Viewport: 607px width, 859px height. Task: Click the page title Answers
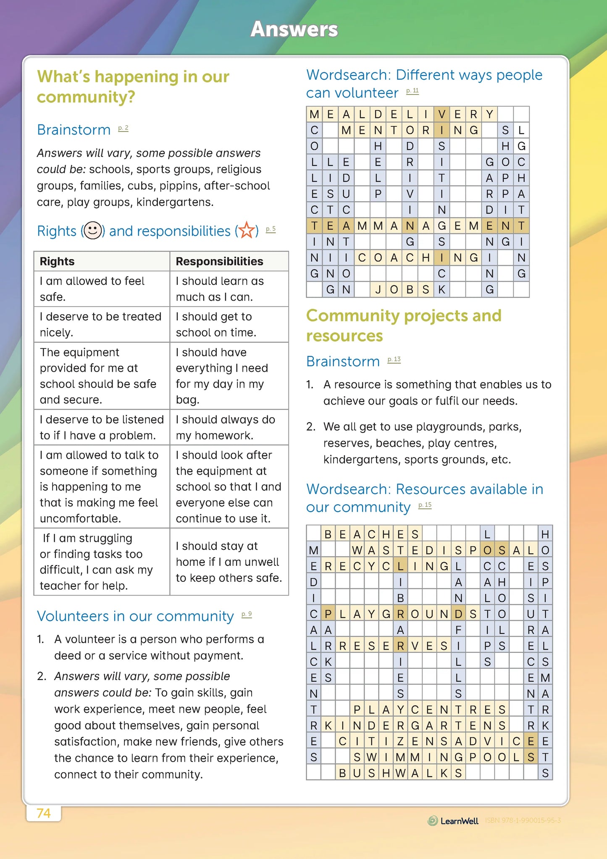[x=294, y=29]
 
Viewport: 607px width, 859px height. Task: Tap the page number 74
[x=44, y=813]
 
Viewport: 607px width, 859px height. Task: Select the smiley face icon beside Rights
[x=92, y=231]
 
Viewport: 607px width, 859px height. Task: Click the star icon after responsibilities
[x=247, y=231]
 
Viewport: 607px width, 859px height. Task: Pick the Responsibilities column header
[x=220, y=261]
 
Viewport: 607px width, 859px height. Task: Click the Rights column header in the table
[x=57, y=261]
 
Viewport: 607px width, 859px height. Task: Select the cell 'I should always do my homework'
[x=226, y=427]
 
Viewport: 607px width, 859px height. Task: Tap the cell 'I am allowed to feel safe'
[x=92, y=289]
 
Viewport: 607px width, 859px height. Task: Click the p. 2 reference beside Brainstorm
[x=123, y=128]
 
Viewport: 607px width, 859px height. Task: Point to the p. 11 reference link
[x=413, y=91]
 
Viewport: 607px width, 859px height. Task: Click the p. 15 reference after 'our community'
[x=425, y=505]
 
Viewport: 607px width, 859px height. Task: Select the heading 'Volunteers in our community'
[x=135, y=616]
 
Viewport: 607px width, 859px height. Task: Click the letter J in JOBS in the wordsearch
[x=378, y=289]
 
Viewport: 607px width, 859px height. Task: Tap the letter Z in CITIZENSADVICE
[x=400, y=741]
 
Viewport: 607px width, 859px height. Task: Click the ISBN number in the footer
[x=523, y=820]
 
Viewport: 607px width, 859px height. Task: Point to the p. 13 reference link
[x=394, y=360]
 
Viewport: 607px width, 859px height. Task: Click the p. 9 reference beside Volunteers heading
[x=247, y=614]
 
